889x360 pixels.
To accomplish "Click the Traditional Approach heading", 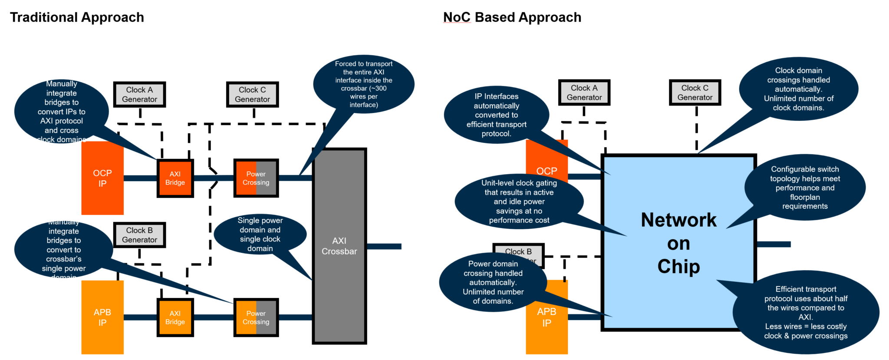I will point(77,17).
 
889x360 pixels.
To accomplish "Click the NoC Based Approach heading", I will point(512,17).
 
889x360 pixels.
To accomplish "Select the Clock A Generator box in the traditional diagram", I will point(139,94).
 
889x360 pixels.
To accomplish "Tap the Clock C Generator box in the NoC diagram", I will point(695,92).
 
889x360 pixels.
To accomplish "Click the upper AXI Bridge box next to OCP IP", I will point(175,178).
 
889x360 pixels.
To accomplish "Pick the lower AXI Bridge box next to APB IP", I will point(175,317).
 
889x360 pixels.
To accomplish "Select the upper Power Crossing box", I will point(256,178).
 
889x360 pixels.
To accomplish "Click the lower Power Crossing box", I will point(256,317).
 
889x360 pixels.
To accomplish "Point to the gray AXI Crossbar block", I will point(339,246).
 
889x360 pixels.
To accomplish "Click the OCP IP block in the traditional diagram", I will point(102,178).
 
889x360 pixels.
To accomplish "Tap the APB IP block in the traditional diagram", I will point(102,317).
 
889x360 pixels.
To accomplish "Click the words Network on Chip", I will point(678,243).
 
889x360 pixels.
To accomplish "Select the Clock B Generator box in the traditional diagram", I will point(139,235).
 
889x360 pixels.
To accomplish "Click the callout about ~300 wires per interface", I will point(363,84).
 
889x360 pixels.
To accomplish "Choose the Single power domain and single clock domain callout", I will point(260,234).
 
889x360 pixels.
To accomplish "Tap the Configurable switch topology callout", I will point(805,188).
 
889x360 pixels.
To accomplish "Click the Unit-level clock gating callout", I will point(519,201).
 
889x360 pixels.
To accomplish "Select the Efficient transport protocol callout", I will point(806,312).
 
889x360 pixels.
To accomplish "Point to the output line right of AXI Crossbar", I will point(384,246).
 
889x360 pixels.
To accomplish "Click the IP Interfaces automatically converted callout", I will point(496,115).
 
